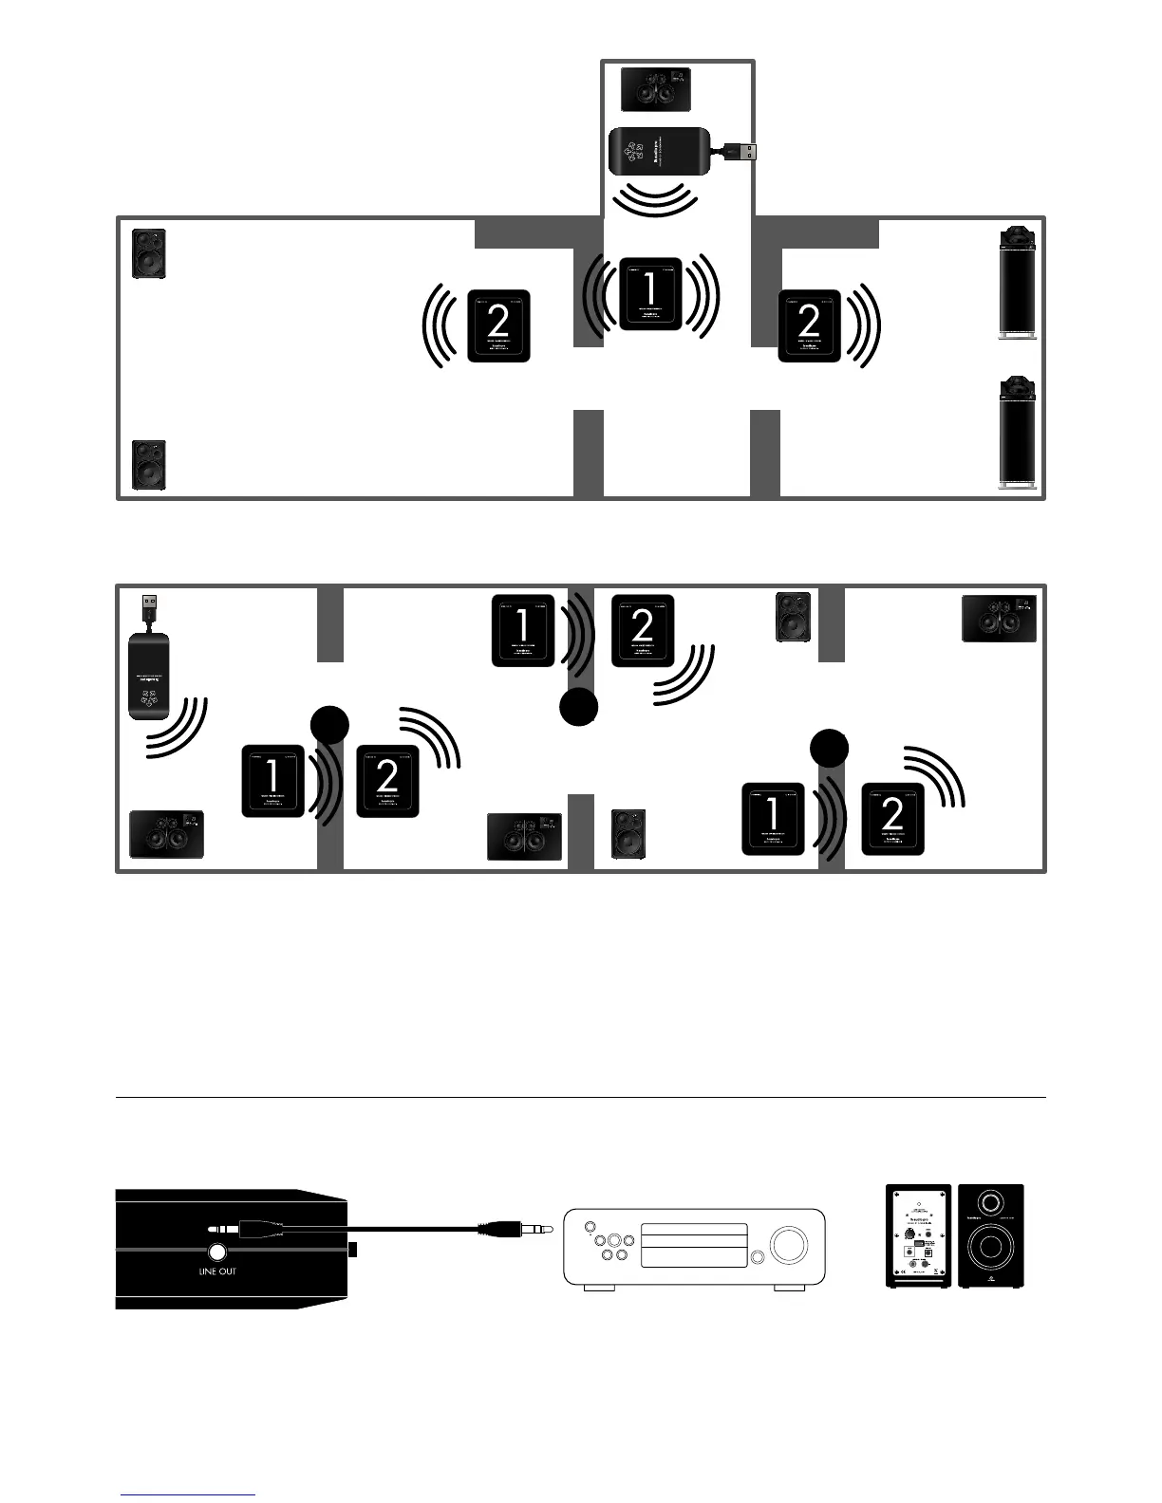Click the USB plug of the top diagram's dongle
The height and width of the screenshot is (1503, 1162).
point(740,151)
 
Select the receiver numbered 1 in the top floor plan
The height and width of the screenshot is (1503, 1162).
point(650,293)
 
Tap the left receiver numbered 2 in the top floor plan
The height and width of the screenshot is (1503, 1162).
point(498,325)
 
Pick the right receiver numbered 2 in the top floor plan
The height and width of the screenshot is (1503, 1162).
point(810,325)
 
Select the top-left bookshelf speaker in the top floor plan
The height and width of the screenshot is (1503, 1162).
point(149,253)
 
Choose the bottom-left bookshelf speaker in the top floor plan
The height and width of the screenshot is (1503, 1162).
point(149,465)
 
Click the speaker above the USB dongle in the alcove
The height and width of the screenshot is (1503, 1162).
point(655,91)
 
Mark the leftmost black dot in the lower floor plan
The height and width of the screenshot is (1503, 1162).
point(329,726)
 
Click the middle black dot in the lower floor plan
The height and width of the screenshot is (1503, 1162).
point(578,707)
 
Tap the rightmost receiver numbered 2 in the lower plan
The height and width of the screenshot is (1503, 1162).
point(892,818)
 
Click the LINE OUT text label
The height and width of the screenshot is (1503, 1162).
point(217,1271)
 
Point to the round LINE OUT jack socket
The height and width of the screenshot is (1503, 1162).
point(217,1251)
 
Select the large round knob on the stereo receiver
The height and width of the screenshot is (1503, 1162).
point(788,1244)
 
